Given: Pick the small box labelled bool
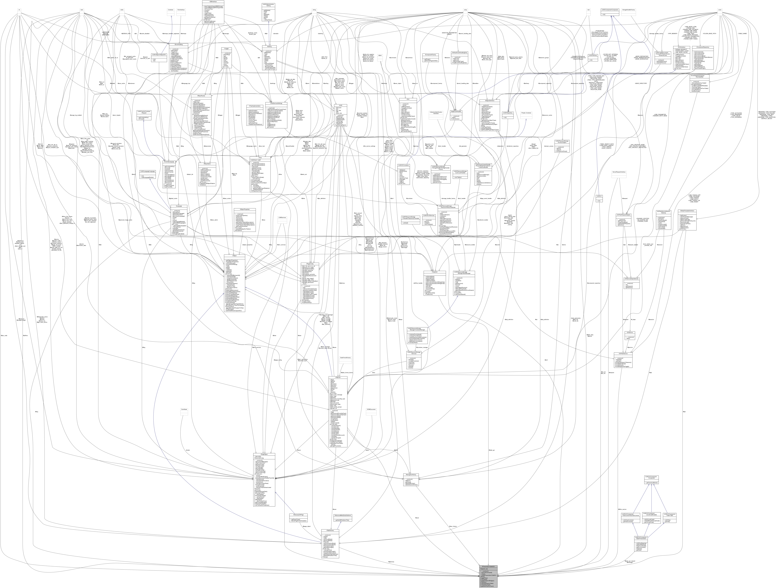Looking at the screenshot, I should pyautogui.click(x=82, y=10).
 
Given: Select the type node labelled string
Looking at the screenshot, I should pyautogui.click(x=315, y=10).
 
